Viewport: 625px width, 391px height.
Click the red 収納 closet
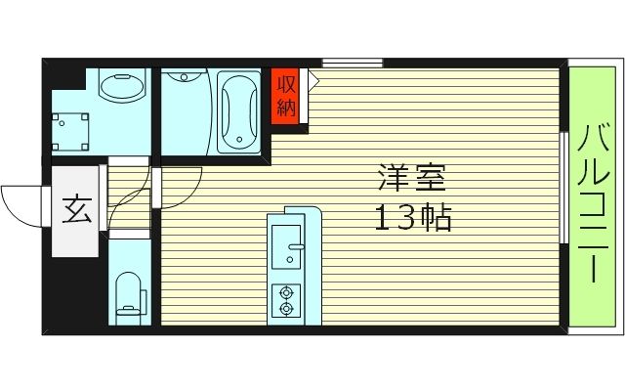(x=285, y=95)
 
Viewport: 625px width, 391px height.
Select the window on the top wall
(x=352, y=64)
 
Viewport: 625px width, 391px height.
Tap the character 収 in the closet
(x=285, y=83)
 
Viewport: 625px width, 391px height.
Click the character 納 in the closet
(x=285, y=107)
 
